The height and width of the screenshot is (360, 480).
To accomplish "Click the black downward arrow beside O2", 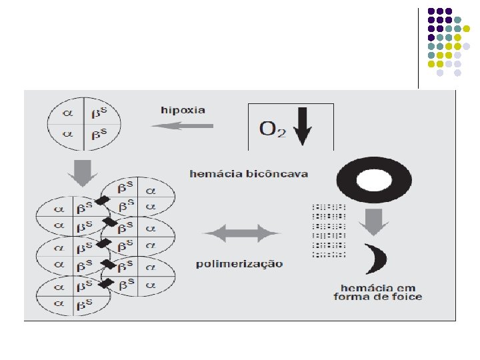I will tap(301, 127).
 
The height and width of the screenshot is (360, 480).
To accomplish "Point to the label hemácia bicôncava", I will tap(248, 174).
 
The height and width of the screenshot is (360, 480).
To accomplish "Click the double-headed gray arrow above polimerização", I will tap(240, 233).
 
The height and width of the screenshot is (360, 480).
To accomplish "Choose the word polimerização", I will tap(239, 263).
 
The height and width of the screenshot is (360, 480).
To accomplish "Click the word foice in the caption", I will tap(407, 297).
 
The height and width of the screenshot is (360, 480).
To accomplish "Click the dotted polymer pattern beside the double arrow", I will tap(329, 230).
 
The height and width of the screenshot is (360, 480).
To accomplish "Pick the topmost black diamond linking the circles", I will tap(103, 199).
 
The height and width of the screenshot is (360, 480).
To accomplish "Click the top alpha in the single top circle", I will tap(67, 113).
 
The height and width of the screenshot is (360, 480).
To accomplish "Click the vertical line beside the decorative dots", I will tap(419, 47).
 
